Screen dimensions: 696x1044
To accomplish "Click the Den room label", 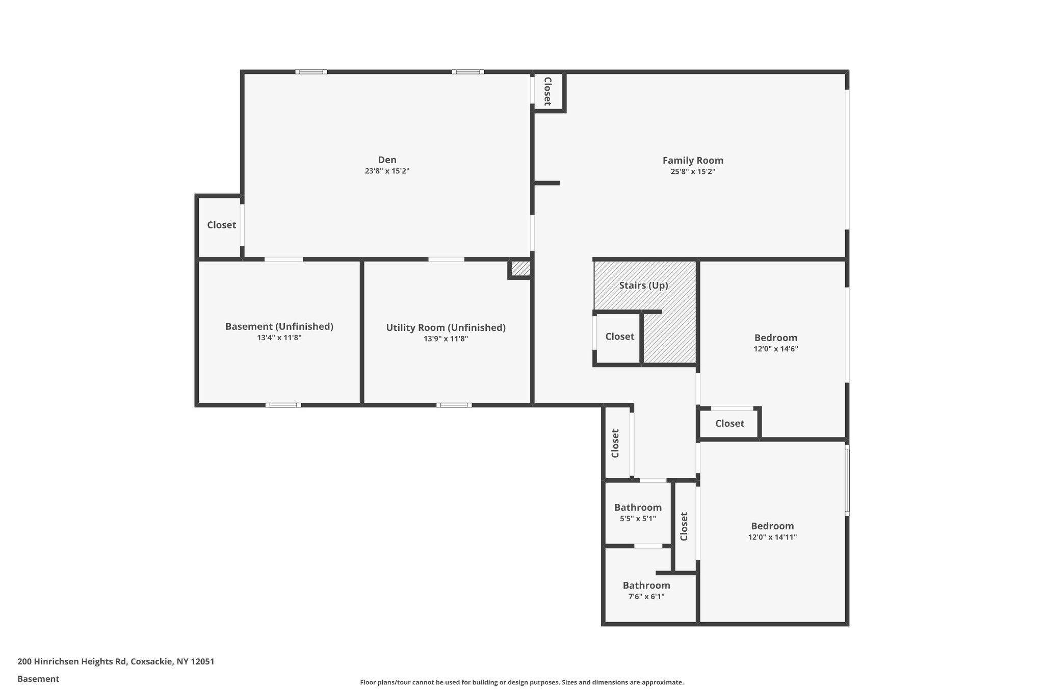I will [387, 160].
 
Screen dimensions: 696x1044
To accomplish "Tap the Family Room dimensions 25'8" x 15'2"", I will [693, 172].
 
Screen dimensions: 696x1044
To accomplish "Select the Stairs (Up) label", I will [643, 286].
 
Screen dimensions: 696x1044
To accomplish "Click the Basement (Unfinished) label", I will [279, 326].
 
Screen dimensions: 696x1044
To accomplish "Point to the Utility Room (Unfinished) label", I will [446, 327].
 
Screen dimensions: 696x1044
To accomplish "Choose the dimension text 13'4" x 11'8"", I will [279, 338].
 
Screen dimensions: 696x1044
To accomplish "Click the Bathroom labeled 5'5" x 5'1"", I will [638, 507].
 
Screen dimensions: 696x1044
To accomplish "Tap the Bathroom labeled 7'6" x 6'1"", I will [646, 585].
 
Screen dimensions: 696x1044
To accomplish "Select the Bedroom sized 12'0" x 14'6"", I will [775, 338].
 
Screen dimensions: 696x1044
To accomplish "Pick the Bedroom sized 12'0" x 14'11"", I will [772, 526].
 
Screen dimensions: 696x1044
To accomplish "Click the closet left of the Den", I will [221, 225].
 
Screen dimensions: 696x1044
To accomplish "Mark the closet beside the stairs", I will [619, 337].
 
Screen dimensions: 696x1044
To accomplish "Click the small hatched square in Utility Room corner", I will [520, 269].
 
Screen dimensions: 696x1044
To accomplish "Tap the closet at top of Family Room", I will [547, 91].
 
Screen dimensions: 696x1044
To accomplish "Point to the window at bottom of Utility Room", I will [454, 405].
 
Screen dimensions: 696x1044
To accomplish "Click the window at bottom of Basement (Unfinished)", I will [283, 405].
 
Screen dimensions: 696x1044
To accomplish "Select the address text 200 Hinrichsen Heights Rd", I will [116, 662].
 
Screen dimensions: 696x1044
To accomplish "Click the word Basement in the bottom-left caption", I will [38, 679].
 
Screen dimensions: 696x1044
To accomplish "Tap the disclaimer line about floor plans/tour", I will [521, 682].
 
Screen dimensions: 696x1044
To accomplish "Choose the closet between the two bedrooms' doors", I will [729, 423].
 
